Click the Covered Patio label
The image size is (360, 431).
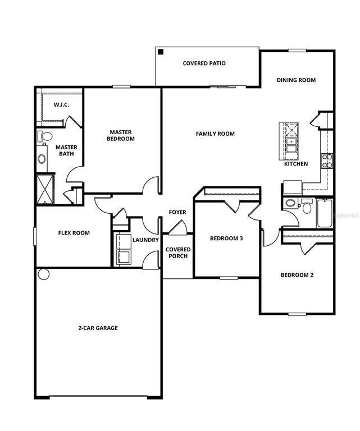(x=204, y=63)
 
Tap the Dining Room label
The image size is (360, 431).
(x=296, y=80)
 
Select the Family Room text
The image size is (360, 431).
(x=215, y=134)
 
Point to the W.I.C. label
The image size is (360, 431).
(x=61, y=105)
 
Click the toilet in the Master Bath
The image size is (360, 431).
(x=45, y=136)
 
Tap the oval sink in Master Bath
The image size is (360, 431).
(x=42, y=159)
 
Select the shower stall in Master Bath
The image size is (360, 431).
(x=45, y=189)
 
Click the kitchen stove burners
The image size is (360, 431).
(x=327, y=161)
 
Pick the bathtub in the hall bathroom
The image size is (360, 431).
(x=325, y=213)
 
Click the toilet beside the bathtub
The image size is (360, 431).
(x=307, y=206)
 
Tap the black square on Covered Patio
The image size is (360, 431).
(x=161, y=52)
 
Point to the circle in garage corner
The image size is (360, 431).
(x=44, y=274)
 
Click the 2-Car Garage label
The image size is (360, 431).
(x=98, y=328)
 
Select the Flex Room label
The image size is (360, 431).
(x=74, y=233)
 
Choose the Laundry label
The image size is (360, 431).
(x=146, y=240)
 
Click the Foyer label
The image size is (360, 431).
(x=177, y=212)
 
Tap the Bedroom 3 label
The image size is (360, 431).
(x=226, y=238)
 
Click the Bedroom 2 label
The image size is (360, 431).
(x=297, y=275)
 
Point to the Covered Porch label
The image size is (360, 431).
(x=178, y=253)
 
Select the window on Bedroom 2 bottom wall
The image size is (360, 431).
(x=297, y=314)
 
